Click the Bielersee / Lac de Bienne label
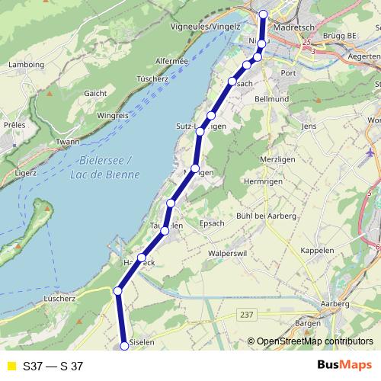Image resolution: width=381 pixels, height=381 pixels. (107, 168)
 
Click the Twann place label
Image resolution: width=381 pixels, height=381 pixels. (68, 142)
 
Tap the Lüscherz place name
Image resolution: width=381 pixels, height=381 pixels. (62, 298)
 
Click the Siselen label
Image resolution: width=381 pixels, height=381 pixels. (142, 343)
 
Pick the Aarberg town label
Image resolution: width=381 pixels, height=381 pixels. (335, 304)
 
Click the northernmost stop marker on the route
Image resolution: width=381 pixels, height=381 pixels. (264, 14)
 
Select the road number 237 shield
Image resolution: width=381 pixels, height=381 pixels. (246, 314)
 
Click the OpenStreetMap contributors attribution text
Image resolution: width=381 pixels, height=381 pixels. (312, 341)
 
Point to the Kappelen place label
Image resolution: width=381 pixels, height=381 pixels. (316, 250)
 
